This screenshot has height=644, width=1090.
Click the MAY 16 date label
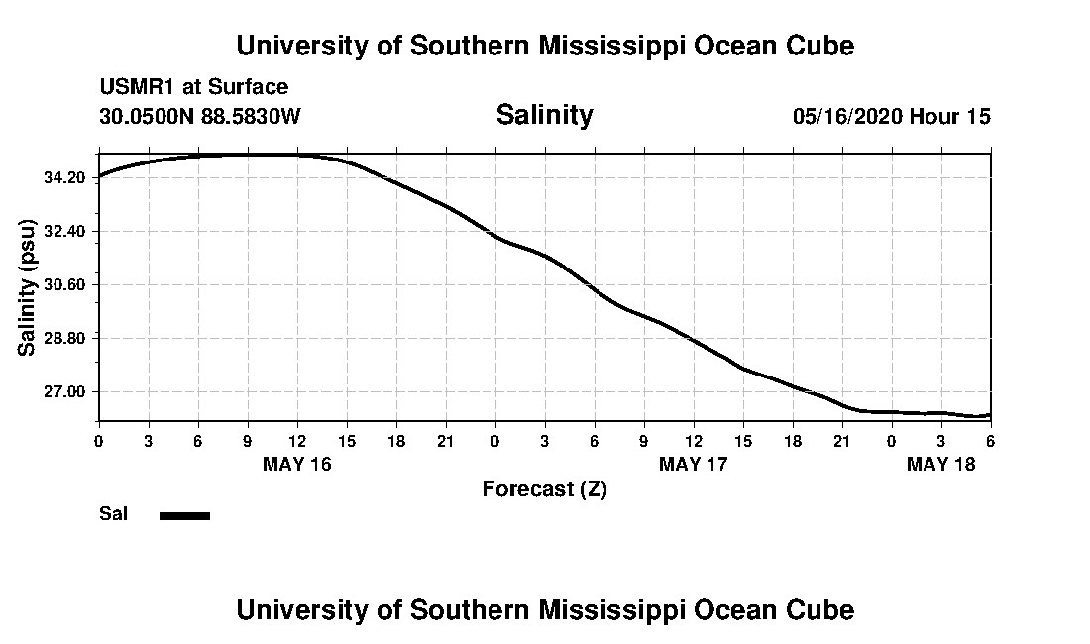click(x=297, y=465)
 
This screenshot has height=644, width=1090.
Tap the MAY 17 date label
click(x=694, y=465)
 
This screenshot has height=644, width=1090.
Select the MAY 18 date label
click(x=941, y=465)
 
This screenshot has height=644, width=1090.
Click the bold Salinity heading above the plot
click(x=544, y=115)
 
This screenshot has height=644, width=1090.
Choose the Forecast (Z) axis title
click(x=544, y=489)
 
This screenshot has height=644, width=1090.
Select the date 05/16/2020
click(x=847, y=117)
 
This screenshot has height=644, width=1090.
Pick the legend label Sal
click(x=113, y=514)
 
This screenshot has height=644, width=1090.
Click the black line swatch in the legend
click(x=184, y=515)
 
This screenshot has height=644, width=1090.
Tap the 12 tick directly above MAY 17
click(x=694, y=440)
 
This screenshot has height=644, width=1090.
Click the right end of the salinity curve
click(x=989, y=415)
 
